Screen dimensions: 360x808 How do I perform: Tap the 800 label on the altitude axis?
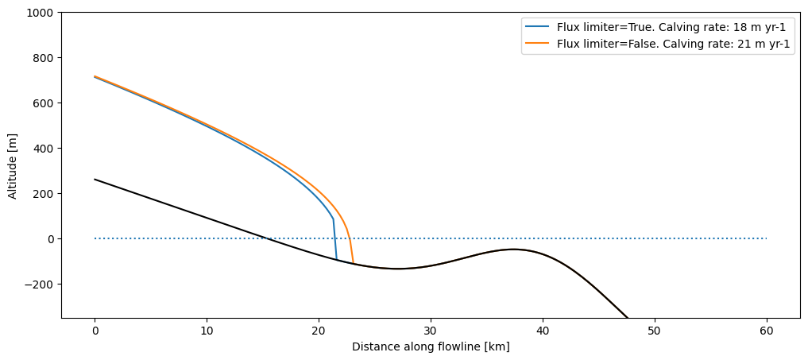[x=44, y=58]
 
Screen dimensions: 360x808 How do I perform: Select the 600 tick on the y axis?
[x=44, y=103]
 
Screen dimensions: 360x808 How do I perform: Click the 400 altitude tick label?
[x=44, y=149]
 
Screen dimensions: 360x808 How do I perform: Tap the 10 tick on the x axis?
[x=207, y=329]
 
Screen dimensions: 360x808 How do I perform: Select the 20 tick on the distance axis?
[x=319, y=329]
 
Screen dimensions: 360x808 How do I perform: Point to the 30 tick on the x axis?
[x=431, y=329]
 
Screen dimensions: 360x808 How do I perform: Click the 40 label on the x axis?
[x=543, y=329]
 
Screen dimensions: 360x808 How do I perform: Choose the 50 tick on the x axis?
[x=655, y=329]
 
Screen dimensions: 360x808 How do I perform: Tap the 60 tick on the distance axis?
[x=767, y=329]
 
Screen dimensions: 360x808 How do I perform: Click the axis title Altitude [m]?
[x=13, y=165]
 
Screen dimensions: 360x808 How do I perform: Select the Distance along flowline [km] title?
[x=431, y=346]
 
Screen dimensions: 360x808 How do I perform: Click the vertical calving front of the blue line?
[x=335, y=238]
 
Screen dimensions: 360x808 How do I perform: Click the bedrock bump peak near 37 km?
[x=512, y=250]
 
